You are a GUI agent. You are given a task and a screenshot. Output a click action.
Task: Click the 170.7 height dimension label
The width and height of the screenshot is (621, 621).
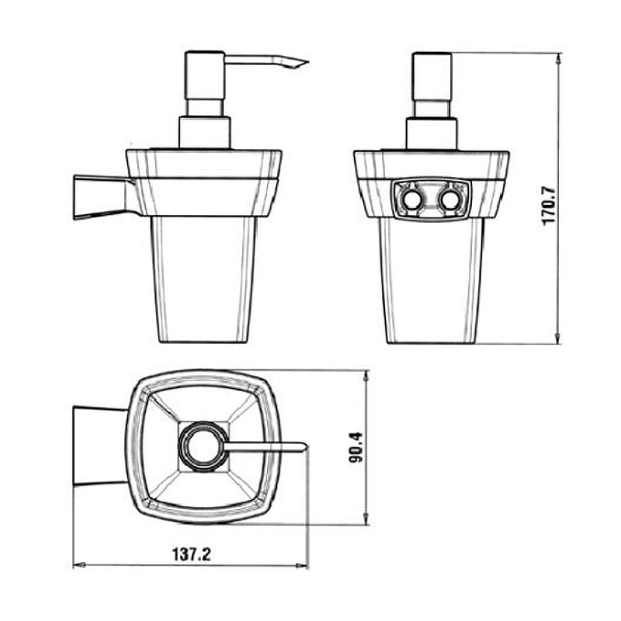[x=550, y=206]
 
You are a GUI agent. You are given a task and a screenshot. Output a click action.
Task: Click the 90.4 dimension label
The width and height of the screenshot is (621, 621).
[x=356, y=448]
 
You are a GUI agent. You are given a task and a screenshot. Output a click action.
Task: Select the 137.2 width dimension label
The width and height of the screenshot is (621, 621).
[x=192, y=554]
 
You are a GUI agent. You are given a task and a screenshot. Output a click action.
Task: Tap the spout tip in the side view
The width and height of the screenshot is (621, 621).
[x=307, y=62]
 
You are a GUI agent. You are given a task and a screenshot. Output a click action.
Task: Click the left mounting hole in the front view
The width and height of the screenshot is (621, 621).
[x=412, y=200]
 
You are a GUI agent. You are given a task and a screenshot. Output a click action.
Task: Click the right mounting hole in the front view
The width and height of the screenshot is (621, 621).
[x=450, y=200]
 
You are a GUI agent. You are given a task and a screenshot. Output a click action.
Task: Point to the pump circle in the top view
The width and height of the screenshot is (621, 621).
[x=203, y=447]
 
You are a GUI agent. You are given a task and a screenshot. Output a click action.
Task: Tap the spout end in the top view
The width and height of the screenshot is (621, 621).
[x=304, y=447]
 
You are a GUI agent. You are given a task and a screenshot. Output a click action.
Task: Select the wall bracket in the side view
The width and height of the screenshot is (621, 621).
[x=102, y=197]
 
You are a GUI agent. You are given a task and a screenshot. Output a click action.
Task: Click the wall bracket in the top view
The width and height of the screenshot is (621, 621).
[x=101, y=446]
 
